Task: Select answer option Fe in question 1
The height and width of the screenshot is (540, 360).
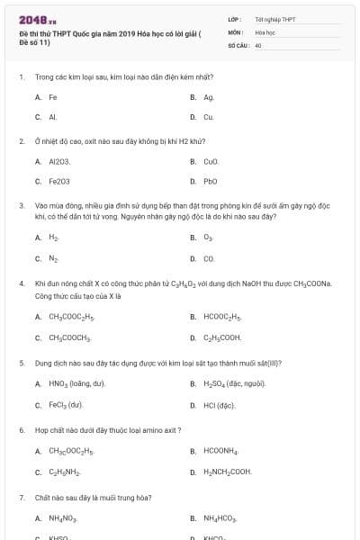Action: point(53,97)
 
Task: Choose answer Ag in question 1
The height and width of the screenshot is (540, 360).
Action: point(209,97)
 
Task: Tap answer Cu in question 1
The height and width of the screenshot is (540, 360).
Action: point(208,117)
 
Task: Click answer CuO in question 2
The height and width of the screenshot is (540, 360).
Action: point(211,162)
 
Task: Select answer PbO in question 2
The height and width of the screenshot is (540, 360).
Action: point(211,181)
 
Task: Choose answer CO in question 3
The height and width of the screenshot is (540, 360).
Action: point(209,258)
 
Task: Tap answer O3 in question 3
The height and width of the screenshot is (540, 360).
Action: point(208,238)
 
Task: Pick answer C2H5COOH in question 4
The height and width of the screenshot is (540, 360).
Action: point(221,337)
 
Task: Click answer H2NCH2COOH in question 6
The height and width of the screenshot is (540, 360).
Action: point(227,472)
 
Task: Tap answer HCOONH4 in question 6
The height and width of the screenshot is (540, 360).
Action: point(220,452)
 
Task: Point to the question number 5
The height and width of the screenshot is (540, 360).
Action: point(21,363)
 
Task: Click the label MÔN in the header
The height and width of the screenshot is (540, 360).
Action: point(236,31)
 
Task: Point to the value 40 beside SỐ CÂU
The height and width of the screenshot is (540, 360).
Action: point(258,44)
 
